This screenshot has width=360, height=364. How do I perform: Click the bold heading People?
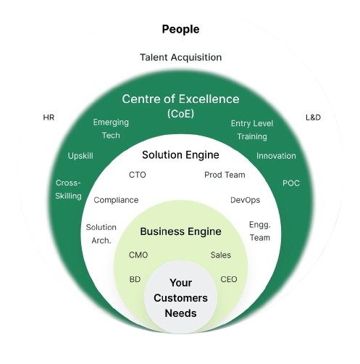coord(180,30)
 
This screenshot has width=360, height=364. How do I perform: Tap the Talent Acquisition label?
coord(180,57)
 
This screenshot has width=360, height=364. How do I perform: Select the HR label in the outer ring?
coord(49,117)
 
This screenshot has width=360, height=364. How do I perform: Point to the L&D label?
coord(313,117)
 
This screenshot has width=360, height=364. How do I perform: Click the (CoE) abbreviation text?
coord(180,114)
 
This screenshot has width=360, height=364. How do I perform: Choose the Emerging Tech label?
coord(111,129)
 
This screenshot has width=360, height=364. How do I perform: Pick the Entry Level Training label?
coord(252,130)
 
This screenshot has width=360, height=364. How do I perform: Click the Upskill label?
coord(80,156)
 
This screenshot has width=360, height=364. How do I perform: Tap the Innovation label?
coord(276,156)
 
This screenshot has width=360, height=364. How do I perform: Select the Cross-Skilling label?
coord(68,189)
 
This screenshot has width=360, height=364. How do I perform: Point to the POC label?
coord(291,183)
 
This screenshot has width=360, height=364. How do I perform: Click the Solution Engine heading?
coord(180,155)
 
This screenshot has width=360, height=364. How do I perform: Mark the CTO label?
coord(138,175)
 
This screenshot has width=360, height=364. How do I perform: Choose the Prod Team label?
coord(225,175)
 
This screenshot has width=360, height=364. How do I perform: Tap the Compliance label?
coord(116,200)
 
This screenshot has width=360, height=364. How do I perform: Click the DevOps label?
coord(246,200)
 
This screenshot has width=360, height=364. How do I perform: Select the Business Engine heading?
coord(180,232)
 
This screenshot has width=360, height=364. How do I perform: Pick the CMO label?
coord(138,255)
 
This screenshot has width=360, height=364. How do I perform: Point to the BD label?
coord(135,279)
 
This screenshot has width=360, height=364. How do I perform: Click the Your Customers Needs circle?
coord(180,298)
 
